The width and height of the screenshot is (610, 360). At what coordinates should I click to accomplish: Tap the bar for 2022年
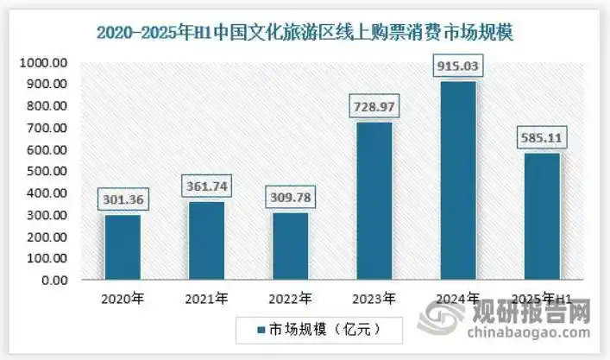[x=290, y=247]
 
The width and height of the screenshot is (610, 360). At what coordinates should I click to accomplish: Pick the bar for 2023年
[x=374, y=201]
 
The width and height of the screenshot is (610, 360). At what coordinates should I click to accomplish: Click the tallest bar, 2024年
[x=457, y=180]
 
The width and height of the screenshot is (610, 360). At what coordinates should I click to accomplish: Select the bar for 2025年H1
[x=541, y=217]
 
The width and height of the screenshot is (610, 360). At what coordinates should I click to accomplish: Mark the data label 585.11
[x=541, y=137]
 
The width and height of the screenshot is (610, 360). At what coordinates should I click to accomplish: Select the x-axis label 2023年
[x=374, y=300]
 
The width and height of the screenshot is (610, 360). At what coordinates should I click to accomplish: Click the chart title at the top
[x=305, y=33]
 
